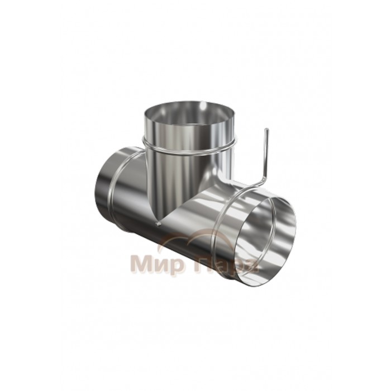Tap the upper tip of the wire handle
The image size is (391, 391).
coord(267,129)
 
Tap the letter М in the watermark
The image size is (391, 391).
coord(139,264)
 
